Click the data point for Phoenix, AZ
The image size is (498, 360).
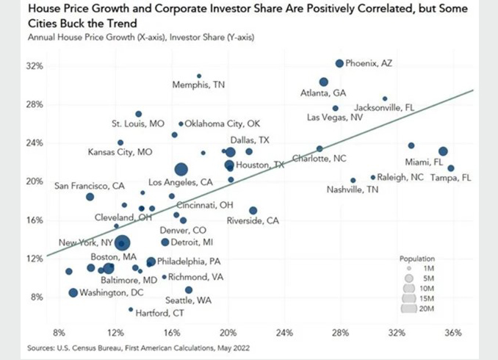339,64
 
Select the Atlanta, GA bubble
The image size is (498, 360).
324,82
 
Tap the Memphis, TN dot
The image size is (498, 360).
199,76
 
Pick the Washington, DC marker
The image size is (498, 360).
73,293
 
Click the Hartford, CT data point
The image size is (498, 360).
131,309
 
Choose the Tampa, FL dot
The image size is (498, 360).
451,168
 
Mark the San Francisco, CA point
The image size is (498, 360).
90,197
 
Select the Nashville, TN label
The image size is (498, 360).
353,190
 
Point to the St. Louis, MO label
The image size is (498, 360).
138,124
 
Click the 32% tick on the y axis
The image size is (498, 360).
35,66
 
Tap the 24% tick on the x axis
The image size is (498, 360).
284,332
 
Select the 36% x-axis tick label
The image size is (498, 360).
453,332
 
